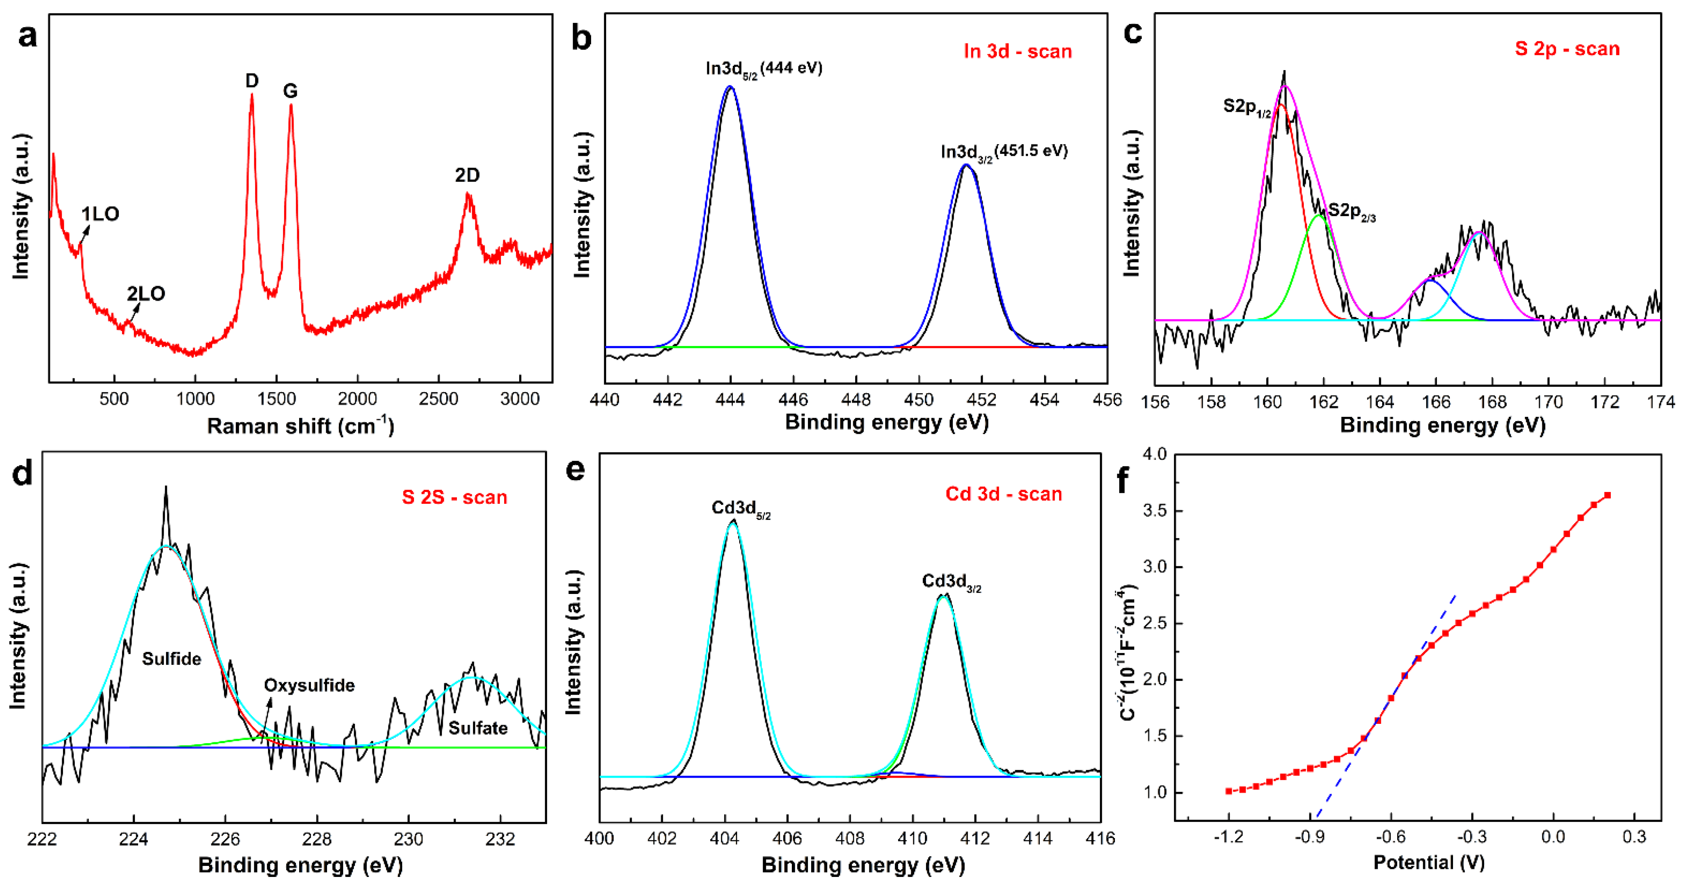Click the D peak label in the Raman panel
[252, 80]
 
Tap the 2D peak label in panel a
[467, 176]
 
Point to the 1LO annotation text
[100, 214]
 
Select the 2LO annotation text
[146, 293]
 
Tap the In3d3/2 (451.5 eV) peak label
[1004, 152]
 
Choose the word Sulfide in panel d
[172, 659]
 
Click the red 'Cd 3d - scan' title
[1003, 494]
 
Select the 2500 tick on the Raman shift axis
[438, 399]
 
